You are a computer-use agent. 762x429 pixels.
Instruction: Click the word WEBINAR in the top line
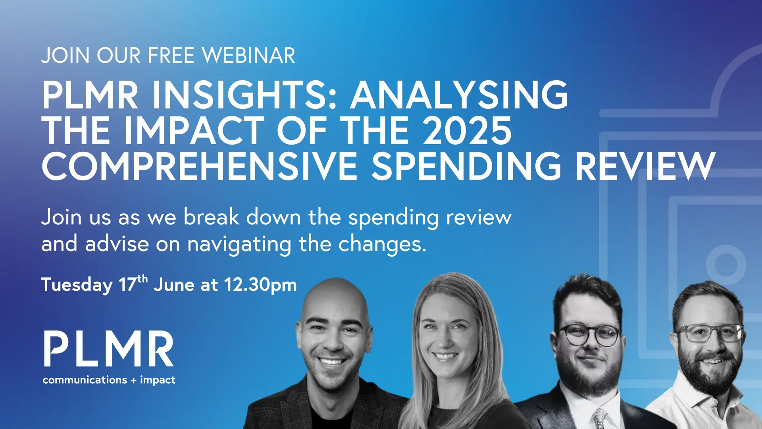coord(249,56)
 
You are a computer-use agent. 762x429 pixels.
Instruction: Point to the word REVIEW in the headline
coord(645,166)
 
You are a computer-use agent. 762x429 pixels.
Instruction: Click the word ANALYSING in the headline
coord(459,95)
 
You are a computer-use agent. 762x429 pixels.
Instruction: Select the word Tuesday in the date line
coord(77,285)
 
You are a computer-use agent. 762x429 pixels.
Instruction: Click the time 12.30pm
coord(260,285)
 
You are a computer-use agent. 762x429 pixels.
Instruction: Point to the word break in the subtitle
coord(211,217)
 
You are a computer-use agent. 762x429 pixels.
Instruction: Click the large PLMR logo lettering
coord(109,349)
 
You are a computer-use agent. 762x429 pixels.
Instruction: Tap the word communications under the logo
coord(85,380)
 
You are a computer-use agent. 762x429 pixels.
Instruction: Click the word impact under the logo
coord(158,380)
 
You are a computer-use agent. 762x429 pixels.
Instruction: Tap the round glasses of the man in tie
coord(589,335)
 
